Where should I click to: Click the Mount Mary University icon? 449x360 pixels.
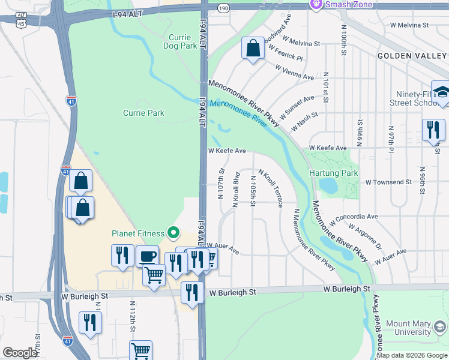[x=440, y=327]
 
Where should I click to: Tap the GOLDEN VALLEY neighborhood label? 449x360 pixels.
[x=412, y=55]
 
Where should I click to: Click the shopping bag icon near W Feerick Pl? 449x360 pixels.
[x=253, y=48]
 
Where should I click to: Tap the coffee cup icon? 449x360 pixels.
[x=147, y=256]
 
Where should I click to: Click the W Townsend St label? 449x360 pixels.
[x=388, y=182]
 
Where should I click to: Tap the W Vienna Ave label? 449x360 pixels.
[x=295, y=73]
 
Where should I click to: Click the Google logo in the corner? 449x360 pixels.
[x=20, y=353]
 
